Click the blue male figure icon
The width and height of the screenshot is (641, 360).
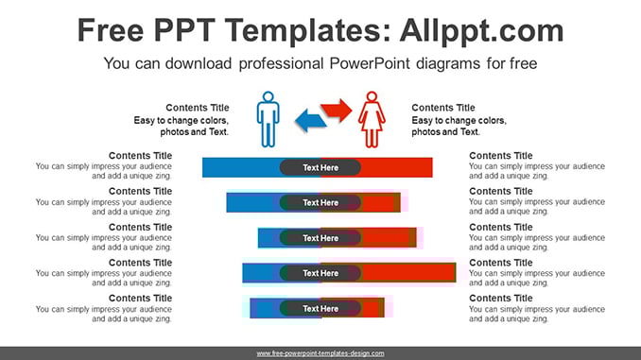click(269, 119)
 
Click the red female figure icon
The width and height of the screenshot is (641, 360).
click(372, 119)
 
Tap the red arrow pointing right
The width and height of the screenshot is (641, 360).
click(336, 110)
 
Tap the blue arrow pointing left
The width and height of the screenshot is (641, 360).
click(311, 121)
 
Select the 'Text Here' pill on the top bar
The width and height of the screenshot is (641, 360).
click(320, 167)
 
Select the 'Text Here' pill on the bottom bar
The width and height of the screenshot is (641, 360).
click(320, 309)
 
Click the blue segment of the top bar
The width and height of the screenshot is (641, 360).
click(241, 167)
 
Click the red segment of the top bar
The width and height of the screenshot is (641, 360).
click(396, 167)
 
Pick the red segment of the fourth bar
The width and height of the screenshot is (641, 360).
click(408, 272)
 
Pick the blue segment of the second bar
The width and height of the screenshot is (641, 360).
click(253, 203)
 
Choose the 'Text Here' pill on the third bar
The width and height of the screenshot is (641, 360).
click(320, 238)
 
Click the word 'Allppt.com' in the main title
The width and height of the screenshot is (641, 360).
click(481, 31)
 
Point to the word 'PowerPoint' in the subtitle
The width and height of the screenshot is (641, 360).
click(369, 63)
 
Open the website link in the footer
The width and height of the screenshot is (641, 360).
click(320, 353)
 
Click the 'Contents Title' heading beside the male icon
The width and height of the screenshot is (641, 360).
click(198, 108)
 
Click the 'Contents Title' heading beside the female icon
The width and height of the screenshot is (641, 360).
click(443, 108)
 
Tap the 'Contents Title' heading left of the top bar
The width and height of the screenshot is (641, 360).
click(140, 156)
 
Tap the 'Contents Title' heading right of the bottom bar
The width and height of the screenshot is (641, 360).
click(501, 299)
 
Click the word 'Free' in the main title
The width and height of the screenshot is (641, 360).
click(111, 30)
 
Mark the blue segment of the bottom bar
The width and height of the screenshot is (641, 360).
click(265, 308)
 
